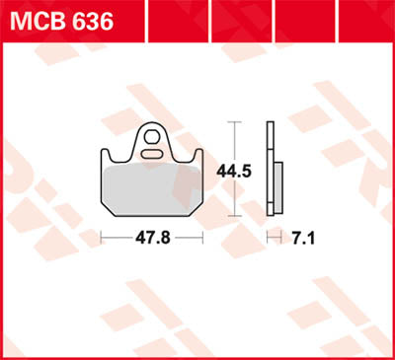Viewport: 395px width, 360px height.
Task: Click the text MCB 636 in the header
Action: pos(61,19)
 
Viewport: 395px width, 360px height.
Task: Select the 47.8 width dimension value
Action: pos(152,238)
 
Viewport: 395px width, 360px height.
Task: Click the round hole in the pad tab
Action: pos(152,133)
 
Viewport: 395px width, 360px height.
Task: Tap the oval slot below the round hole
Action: pos(152,154)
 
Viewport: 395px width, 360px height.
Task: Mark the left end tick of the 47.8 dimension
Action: pos(103,238)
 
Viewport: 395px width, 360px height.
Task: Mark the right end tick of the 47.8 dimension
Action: pos(202,238)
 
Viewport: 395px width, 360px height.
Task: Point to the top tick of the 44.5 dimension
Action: pos(234,121)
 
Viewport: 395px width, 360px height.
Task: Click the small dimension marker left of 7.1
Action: pos(272,238)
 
